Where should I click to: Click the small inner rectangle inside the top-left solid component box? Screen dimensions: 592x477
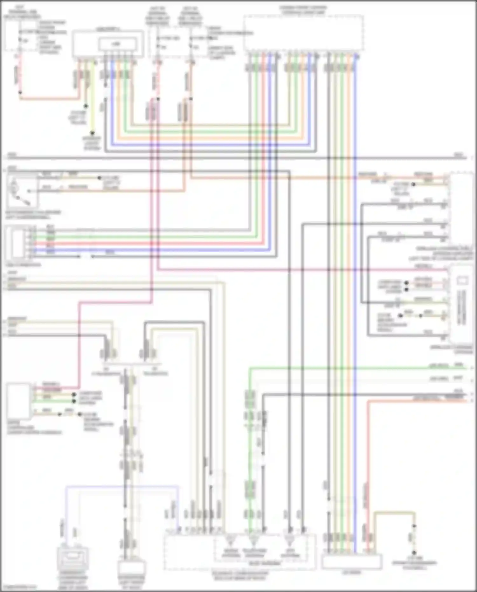pyautogui.click(x=118, y=44)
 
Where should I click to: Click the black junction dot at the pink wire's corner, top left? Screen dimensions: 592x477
pyautogui.click(x=20, y=93)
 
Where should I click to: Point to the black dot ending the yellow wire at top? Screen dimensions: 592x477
pyautogui.click(x=92, y=133)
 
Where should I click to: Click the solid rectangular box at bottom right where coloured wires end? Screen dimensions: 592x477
pyautogui.click(x=351, y=561)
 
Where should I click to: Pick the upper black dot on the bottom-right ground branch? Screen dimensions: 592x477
pyautogui.click(x=414, y=526)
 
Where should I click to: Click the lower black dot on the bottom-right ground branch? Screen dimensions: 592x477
pyautogui.click(x=414, y=553)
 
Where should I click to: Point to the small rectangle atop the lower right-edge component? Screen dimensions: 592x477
pyautogui.click(x=462, y=281)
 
